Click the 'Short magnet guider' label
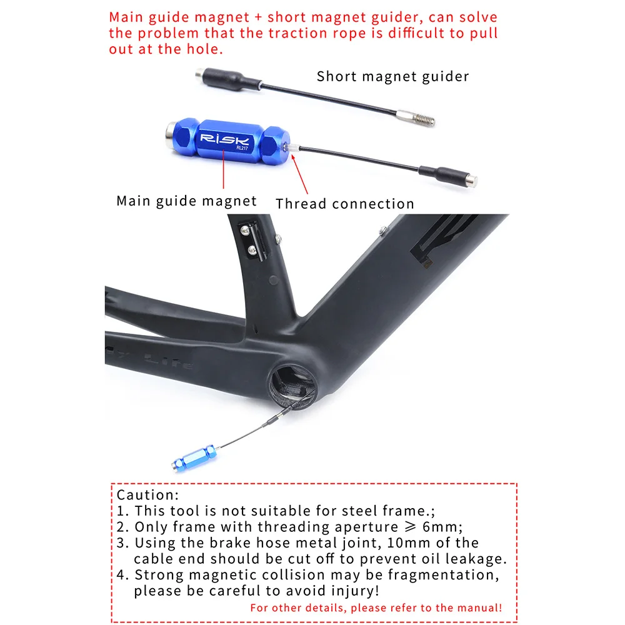click(x=392, y=77)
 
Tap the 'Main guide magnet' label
click(x=186, y=201)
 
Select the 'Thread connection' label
click(x=344, y=204)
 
